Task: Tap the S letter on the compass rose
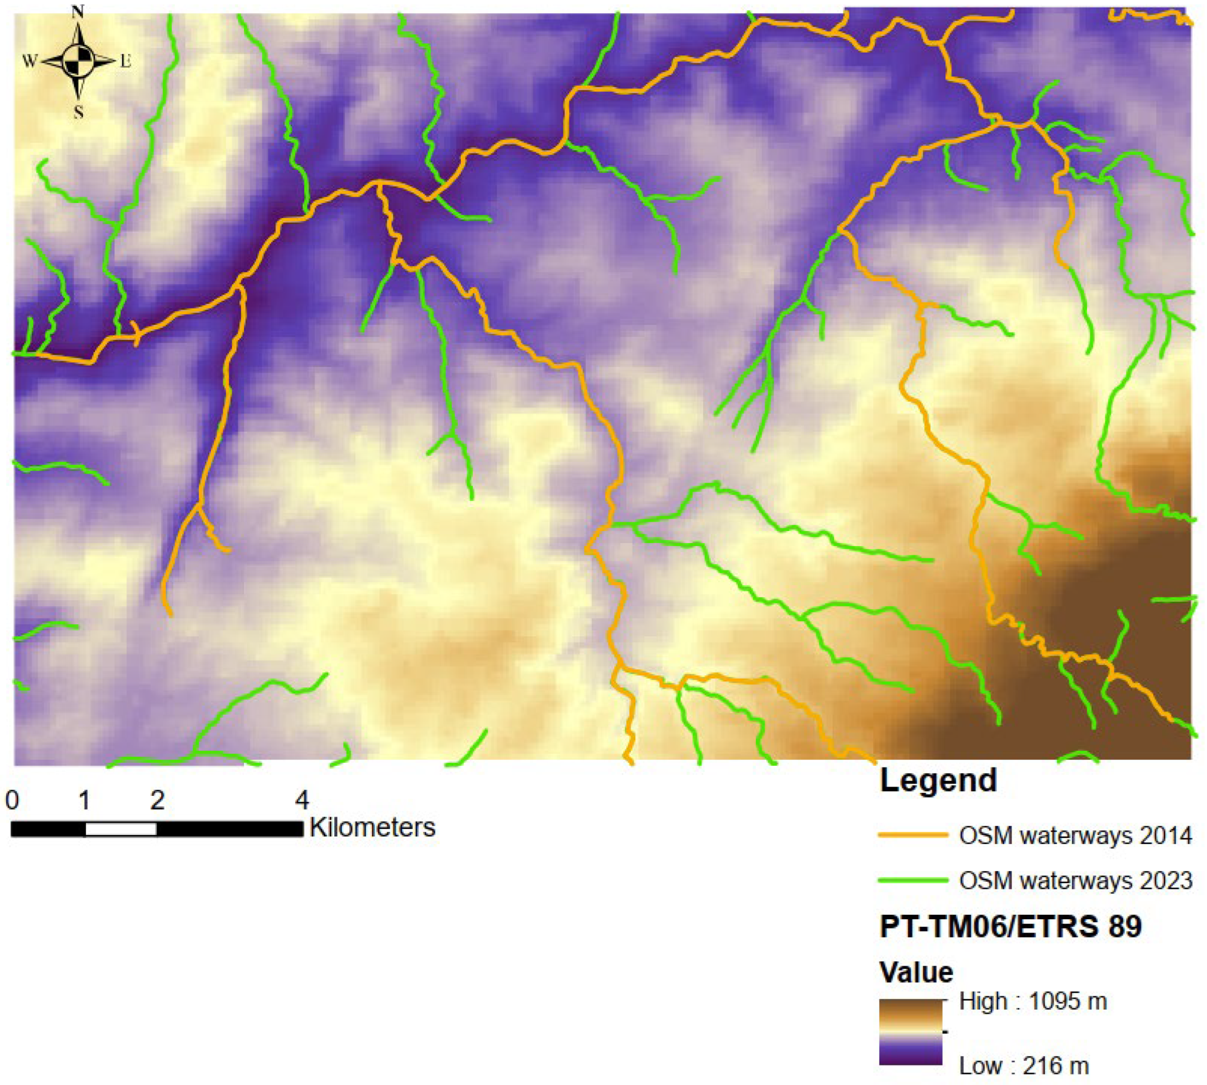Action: pos(78,112)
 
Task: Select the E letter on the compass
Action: pos(126,61)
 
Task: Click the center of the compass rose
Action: pos(78,61)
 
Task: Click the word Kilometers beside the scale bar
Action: pos(373,828)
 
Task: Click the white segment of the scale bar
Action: pos(121,829)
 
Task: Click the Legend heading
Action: pos(938,780)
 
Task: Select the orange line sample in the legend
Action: pos(912,835)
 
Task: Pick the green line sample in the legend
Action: pos(912,880)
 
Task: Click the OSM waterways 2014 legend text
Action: pos(1075,836)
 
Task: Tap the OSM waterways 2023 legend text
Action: pos(1075,880)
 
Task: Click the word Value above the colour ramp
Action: pos(917,972)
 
